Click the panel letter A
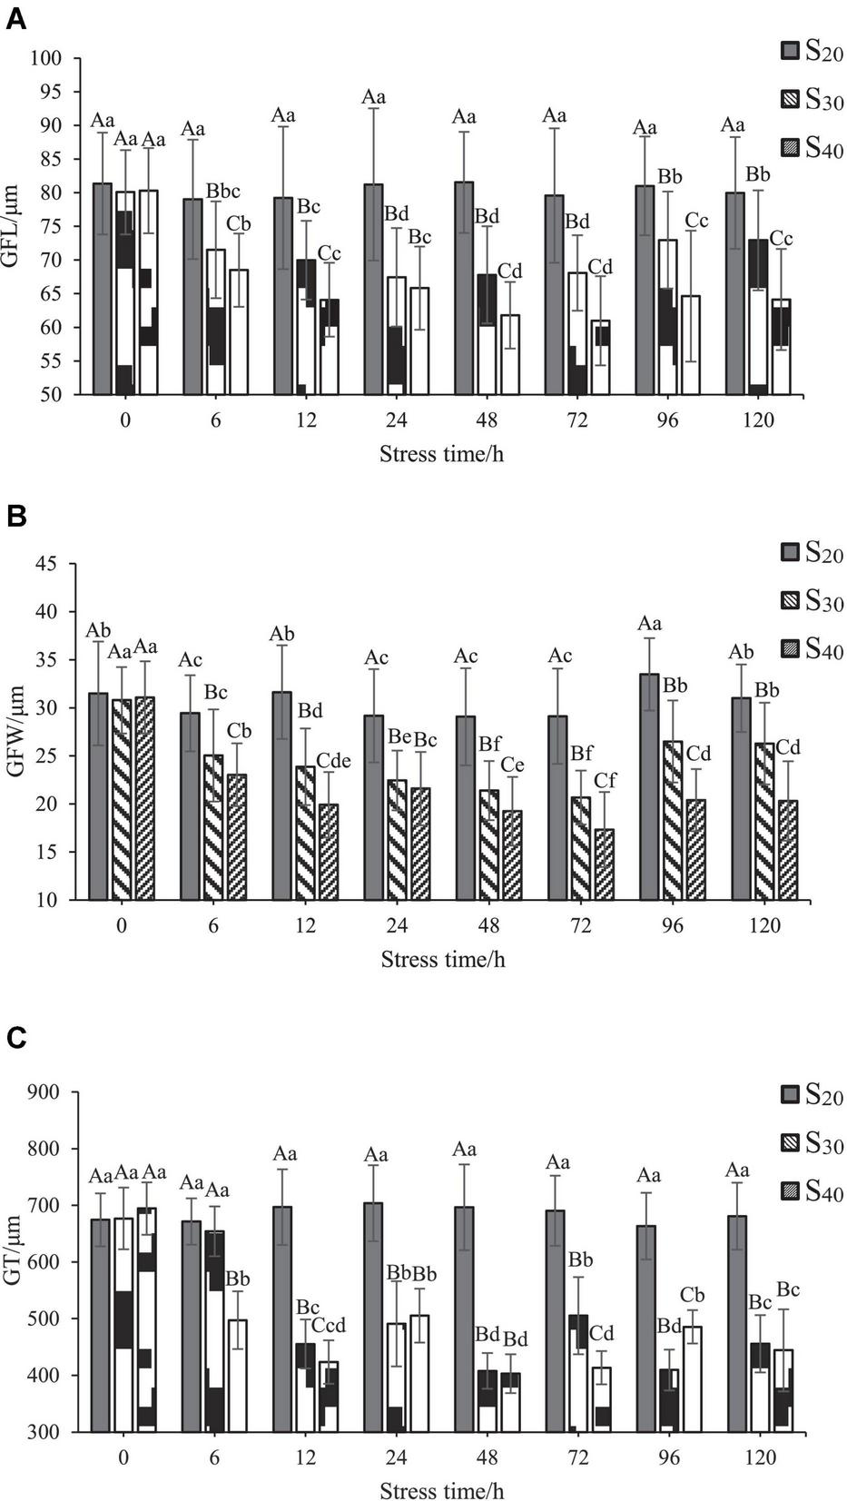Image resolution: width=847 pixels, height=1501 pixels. (15, 19)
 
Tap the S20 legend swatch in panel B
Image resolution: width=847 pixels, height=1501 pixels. (791, 552)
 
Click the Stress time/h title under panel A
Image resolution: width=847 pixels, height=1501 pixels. (441, 453)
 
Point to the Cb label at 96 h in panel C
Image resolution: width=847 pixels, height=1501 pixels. (692, 1295)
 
